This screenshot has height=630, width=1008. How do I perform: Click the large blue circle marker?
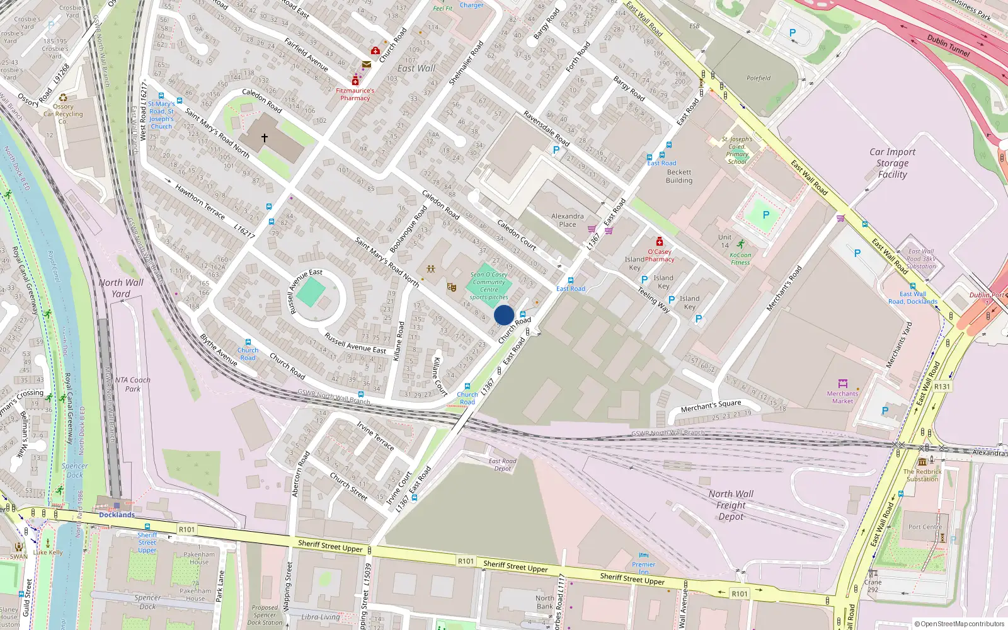pos(504,315)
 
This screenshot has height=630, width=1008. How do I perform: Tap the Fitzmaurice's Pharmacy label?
pos(355,94)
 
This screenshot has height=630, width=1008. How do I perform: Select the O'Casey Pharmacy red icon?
pos(660,241)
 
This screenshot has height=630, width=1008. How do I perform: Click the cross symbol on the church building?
pos(265,137)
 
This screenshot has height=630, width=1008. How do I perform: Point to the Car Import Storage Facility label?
pos(892,163)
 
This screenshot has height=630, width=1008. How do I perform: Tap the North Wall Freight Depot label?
pos(731,505)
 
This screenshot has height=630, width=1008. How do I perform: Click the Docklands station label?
pos(117,515)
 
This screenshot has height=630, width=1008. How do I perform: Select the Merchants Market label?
pos(842,397)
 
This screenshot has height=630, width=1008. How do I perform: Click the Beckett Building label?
pos(679,176)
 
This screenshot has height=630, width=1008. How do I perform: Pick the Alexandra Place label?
pos(567,220)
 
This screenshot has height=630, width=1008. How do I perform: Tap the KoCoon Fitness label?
pos(740,259)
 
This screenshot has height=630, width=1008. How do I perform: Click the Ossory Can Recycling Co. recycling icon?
pos(63,98)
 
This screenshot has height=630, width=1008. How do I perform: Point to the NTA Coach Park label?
pos(132,384)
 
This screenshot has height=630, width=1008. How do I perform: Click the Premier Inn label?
pos(643,568)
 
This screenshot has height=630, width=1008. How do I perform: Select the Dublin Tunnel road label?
pos(948,45)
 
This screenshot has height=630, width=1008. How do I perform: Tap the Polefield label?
pos(759,78)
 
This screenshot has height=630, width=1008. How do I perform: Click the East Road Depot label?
pos(502,465)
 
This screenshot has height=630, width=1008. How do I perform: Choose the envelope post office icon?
pos(366,64)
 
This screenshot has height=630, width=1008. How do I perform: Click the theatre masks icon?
pos(451,287)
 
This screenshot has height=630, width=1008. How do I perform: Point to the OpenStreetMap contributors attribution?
pos(959,624)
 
